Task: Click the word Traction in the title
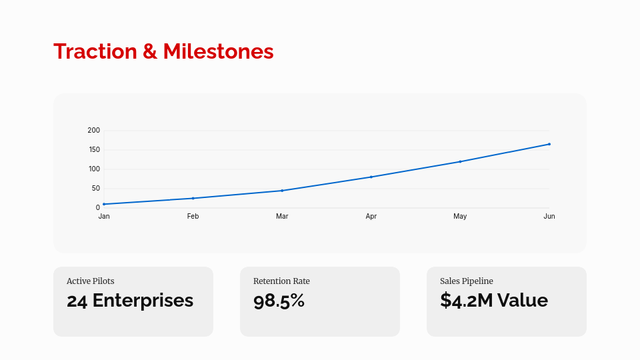pyautogui.click(x=95, y=51)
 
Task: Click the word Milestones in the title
pyautogui.click(x=218, y=51)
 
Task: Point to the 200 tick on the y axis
pyautogui.click(x=93, y=131)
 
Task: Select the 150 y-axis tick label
pyautogui.click(x=93, y=150)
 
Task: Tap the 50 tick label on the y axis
pyautogui.click(x=95, y=189)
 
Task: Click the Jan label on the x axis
pyautogui.click(x=104, y=217)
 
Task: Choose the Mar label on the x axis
pyautogui.click(x=282, y=217)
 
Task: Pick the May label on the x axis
pyautogui.click(x=460, y=217)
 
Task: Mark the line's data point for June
pyautogui.click(x=549, y=144)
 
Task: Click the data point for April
pyautogui.click(x=371, y=177)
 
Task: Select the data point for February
pyautogui.click(x=193, y=198)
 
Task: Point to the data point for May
pyautogui.click(x=460, y=161)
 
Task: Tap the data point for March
pyautogui.click(x=282, y=191)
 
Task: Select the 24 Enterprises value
pyautogui.click(x=130, y=301)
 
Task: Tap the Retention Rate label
pyautogui.click(x=281, y=281)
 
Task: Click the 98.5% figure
pyautogui.click(x=279, y=301)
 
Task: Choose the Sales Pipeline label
pyautogui.click(x=467, y=281)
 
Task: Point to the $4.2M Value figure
pyautogui.click(x=494, y=301)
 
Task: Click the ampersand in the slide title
pyautogui.click(x=150, y=51)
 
